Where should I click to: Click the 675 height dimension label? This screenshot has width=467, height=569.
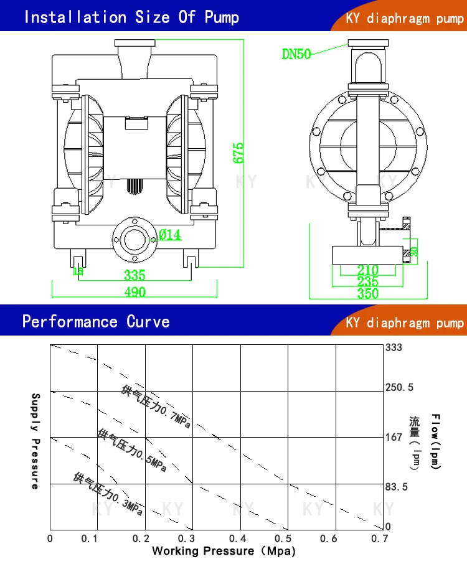tap(239, 153)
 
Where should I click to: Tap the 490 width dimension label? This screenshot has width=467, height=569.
tap(134, 293)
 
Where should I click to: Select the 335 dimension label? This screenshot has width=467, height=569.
tap(134, 275)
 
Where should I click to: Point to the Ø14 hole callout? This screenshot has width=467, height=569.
tap(170, 235)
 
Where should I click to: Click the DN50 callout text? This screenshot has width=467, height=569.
tap(296, 54)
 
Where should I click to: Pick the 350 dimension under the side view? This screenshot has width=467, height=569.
tap(367, 293)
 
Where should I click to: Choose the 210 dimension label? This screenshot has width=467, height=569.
tap(368, 270)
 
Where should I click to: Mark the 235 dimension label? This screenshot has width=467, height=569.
tap(368, 281)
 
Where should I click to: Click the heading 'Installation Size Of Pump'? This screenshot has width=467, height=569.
tap(131, 17)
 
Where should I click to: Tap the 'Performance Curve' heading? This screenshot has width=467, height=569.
tap(96, 321)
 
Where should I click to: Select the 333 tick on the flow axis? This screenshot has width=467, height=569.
tap(394, 347)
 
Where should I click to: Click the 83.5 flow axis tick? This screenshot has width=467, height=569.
tap(397, 487)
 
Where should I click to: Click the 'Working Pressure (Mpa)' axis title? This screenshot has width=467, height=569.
tap(224, 551)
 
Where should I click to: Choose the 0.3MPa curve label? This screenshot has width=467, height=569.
tap(109, 494)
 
